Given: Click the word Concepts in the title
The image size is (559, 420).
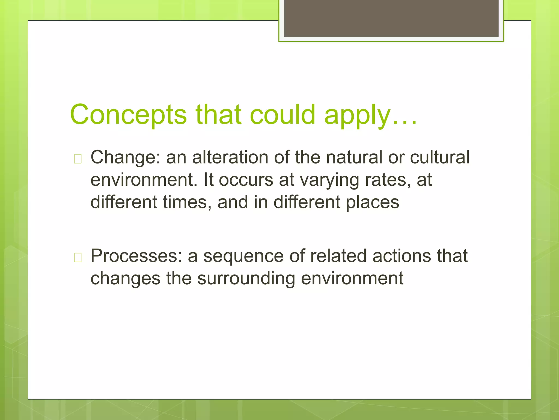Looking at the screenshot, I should click(x=128, y=115).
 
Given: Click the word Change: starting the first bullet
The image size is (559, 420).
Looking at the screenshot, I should click(x=126, y=158).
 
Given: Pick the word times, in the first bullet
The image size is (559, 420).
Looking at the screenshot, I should click(x=187, y=202).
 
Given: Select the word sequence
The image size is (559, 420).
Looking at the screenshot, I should click(x=243, y=256).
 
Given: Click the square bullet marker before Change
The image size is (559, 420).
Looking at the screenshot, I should click(x=78, y=159).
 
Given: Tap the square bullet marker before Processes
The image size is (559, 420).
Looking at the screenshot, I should click(x=78, y=257).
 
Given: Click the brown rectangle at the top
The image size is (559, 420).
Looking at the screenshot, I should click(x=391, y=18).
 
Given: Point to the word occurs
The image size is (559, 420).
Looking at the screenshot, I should click(x=246, y=180).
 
